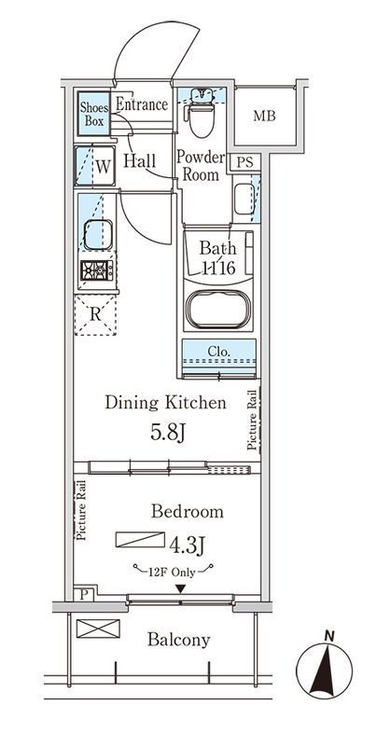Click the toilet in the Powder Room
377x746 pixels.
[201, 113]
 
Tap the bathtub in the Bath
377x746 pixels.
[216, 310]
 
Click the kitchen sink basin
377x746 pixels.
[98, 235]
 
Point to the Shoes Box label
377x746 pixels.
[93, 114]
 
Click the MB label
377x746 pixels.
[264, 116]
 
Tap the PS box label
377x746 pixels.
[244, 162]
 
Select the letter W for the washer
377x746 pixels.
[104, 167]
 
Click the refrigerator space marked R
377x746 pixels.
[96, 315]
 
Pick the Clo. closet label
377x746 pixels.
[219, 352]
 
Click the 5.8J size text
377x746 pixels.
[168, 432]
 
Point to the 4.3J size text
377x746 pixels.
[187, 545]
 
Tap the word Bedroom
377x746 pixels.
[188, 511]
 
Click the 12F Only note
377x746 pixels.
[173, 573]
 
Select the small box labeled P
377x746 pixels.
[84, 594]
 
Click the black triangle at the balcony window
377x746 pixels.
[180, 589]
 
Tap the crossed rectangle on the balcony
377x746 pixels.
[98, 629]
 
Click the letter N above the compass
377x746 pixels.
[328, 635]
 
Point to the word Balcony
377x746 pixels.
[178, 640]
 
